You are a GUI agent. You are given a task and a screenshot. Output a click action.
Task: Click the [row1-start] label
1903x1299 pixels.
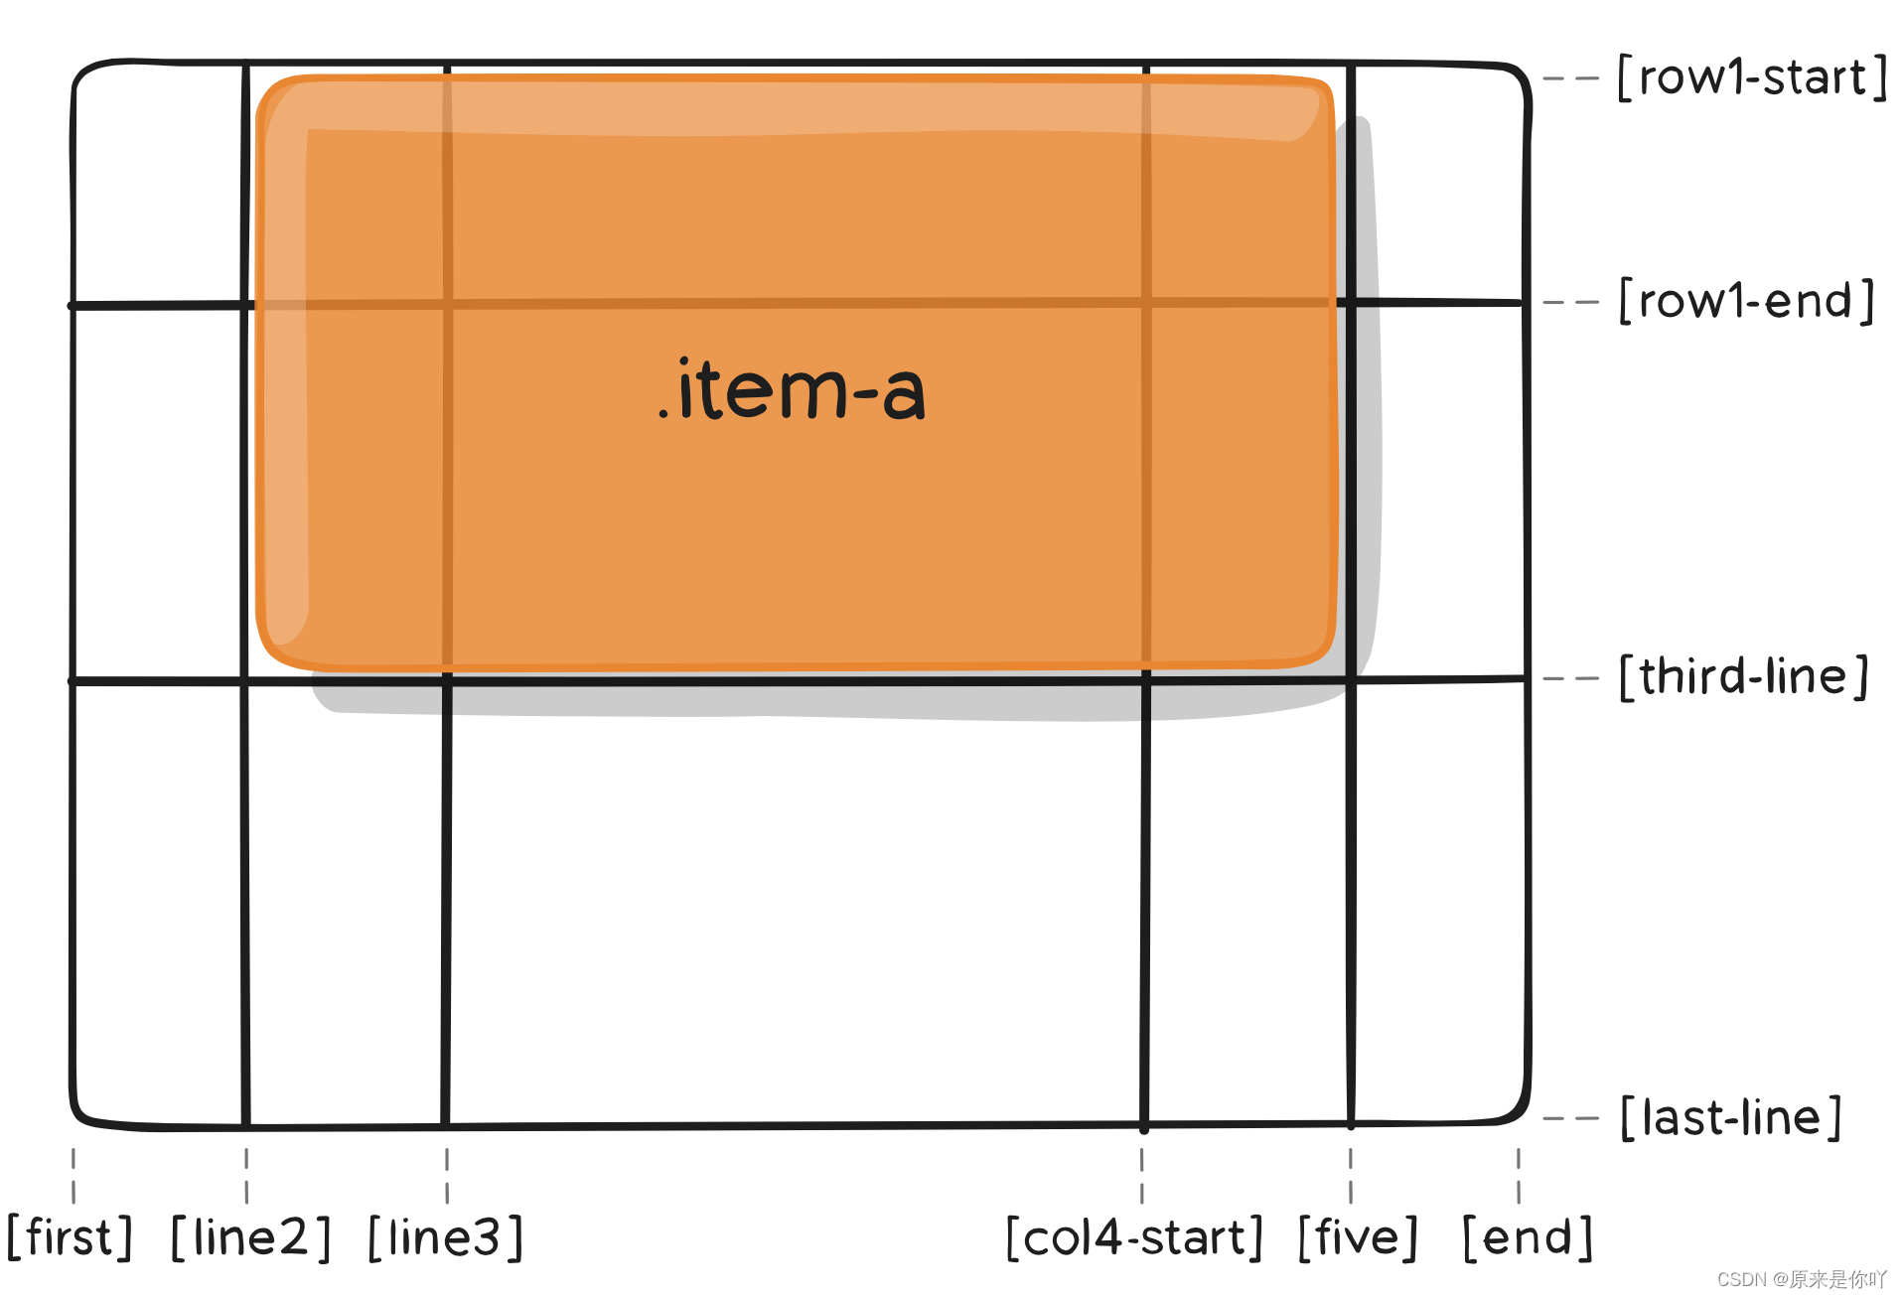(1752, 77)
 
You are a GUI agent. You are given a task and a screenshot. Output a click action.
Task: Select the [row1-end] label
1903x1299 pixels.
(1746, 301)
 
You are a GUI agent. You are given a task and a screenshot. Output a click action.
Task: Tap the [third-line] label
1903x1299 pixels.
(1744, 677)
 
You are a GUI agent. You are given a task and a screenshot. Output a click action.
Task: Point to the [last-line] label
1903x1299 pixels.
(1730, 1118)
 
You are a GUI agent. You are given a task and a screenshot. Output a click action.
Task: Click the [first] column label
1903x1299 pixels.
(70, 1237)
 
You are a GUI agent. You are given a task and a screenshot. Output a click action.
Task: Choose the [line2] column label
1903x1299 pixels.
(250, 1237)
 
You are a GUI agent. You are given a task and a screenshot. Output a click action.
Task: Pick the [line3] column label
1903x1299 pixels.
(445, 1237)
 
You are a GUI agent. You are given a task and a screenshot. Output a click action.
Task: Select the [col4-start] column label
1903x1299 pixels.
(1134, 1237)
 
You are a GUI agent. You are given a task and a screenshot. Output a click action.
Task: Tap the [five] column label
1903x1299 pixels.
(1358, 1237)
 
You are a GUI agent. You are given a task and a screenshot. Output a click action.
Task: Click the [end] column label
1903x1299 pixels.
(1528, 1237)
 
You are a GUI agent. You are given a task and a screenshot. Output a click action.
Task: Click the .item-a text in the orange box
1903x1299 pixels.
(792, 390)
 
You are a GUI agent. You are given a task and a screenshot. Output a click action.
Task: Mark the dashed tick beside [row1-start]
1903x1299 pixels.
(1570, 77)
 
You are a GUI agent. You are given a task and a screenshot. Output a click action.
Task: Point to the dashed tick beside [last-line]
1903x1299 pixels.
(1570, 1118)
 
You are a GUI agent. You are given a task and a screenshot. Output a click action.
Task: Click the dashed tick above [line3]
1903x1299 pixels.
(447, 1176)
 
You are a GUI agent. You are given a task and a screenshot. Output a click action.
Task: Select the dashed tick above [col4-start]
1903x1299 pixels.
(1142, 1176)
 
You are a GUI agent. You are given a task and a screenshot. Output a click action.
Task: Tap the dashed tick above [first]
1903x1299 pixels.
(73, 1176)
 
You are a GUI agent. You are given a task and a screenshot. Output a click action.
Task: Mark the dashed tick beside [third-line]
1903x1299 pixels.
(1570, 678)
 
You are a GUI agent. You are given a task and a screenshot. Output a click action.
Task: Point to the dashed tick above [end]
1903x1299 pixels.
(1519, 1176)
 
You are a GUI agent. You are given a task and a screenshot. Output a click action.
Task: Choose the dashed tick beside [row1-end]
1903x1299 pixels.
(1570, 301)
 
